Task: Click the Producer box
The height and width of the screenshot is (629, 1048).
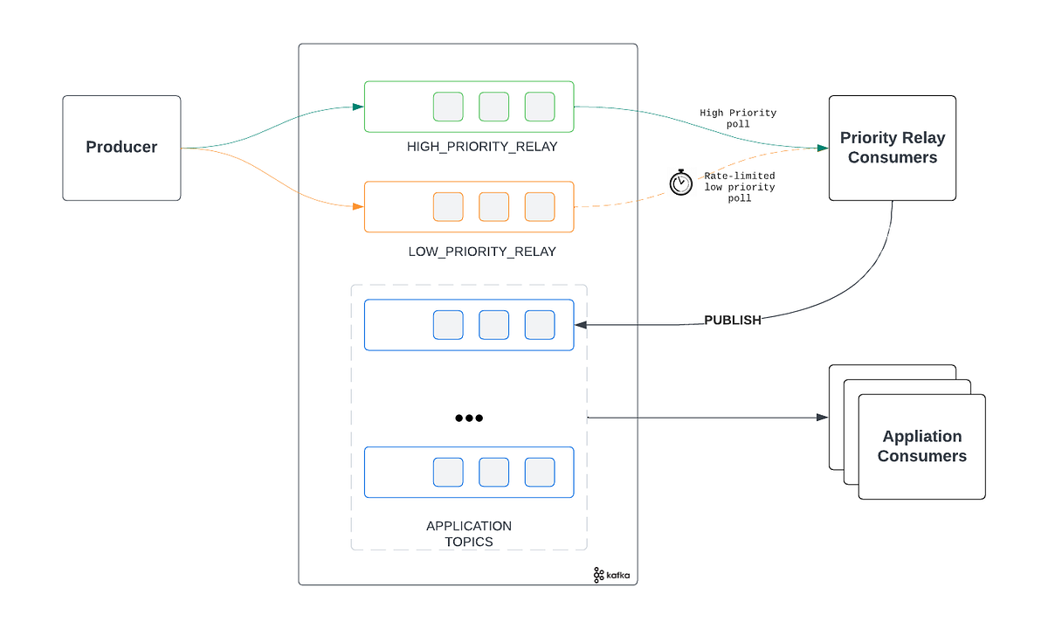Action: click(x=121, y=148)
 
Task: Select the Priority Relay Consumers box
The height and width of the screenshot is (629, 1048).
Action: click(x=892, y=148)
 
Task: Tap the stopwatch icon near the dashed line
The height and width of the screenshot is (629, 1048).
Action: click(x=680, y=183)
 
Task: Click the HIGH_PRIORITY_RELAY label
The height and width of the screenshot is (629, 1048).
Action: click(x=481, y=147)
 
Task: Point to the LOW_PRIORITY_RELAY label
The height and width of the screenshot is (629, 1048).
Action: click(x=481, y=252)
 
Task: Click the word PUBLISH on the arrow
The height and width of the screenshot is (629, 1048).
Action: click(x=732, y=321)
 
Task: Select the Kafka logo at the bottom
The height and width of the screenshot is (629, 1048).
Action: click(x=611, y=574)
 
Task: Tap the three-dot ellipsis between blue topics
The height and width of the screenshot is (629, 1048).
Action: click(x=469, y=418)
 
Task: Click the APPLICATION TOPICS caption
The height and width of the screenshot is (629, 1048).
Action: click(x=469, y=534)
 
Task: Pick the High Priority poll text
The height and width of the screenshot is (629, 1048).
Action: click(x=738, y=119)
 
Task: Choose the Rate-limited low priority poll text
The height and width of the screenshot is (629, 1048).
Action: click(x=739, y=187)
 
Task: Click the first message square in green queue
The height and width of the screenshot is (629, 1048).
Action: click(x=449, y=107)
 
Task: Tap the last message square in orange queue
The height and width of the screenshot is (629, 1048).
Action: click(x=540, y=206)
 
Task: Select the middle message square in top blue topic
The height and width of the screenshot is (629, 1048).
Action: click(x=494, y=325)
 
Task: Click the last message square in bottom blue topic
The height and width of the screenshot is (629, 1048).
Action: click(x=540, y=472)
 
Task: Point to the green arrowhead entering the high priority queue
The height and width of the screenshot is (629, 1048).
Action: click(x=358, y=107)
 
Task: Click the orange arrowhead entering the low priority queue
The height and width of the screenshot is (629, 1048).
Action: click(x=358, y=207)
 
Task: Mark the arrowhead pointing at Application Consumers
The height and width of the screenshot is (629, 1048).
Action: click(x=822, y=418)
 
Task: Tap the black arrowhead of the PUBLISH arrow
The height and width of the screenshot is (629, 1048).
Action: click(x=580, y=325)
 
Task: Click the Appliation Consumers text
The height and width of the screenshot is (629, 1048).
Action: click(x=921, y=446)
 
